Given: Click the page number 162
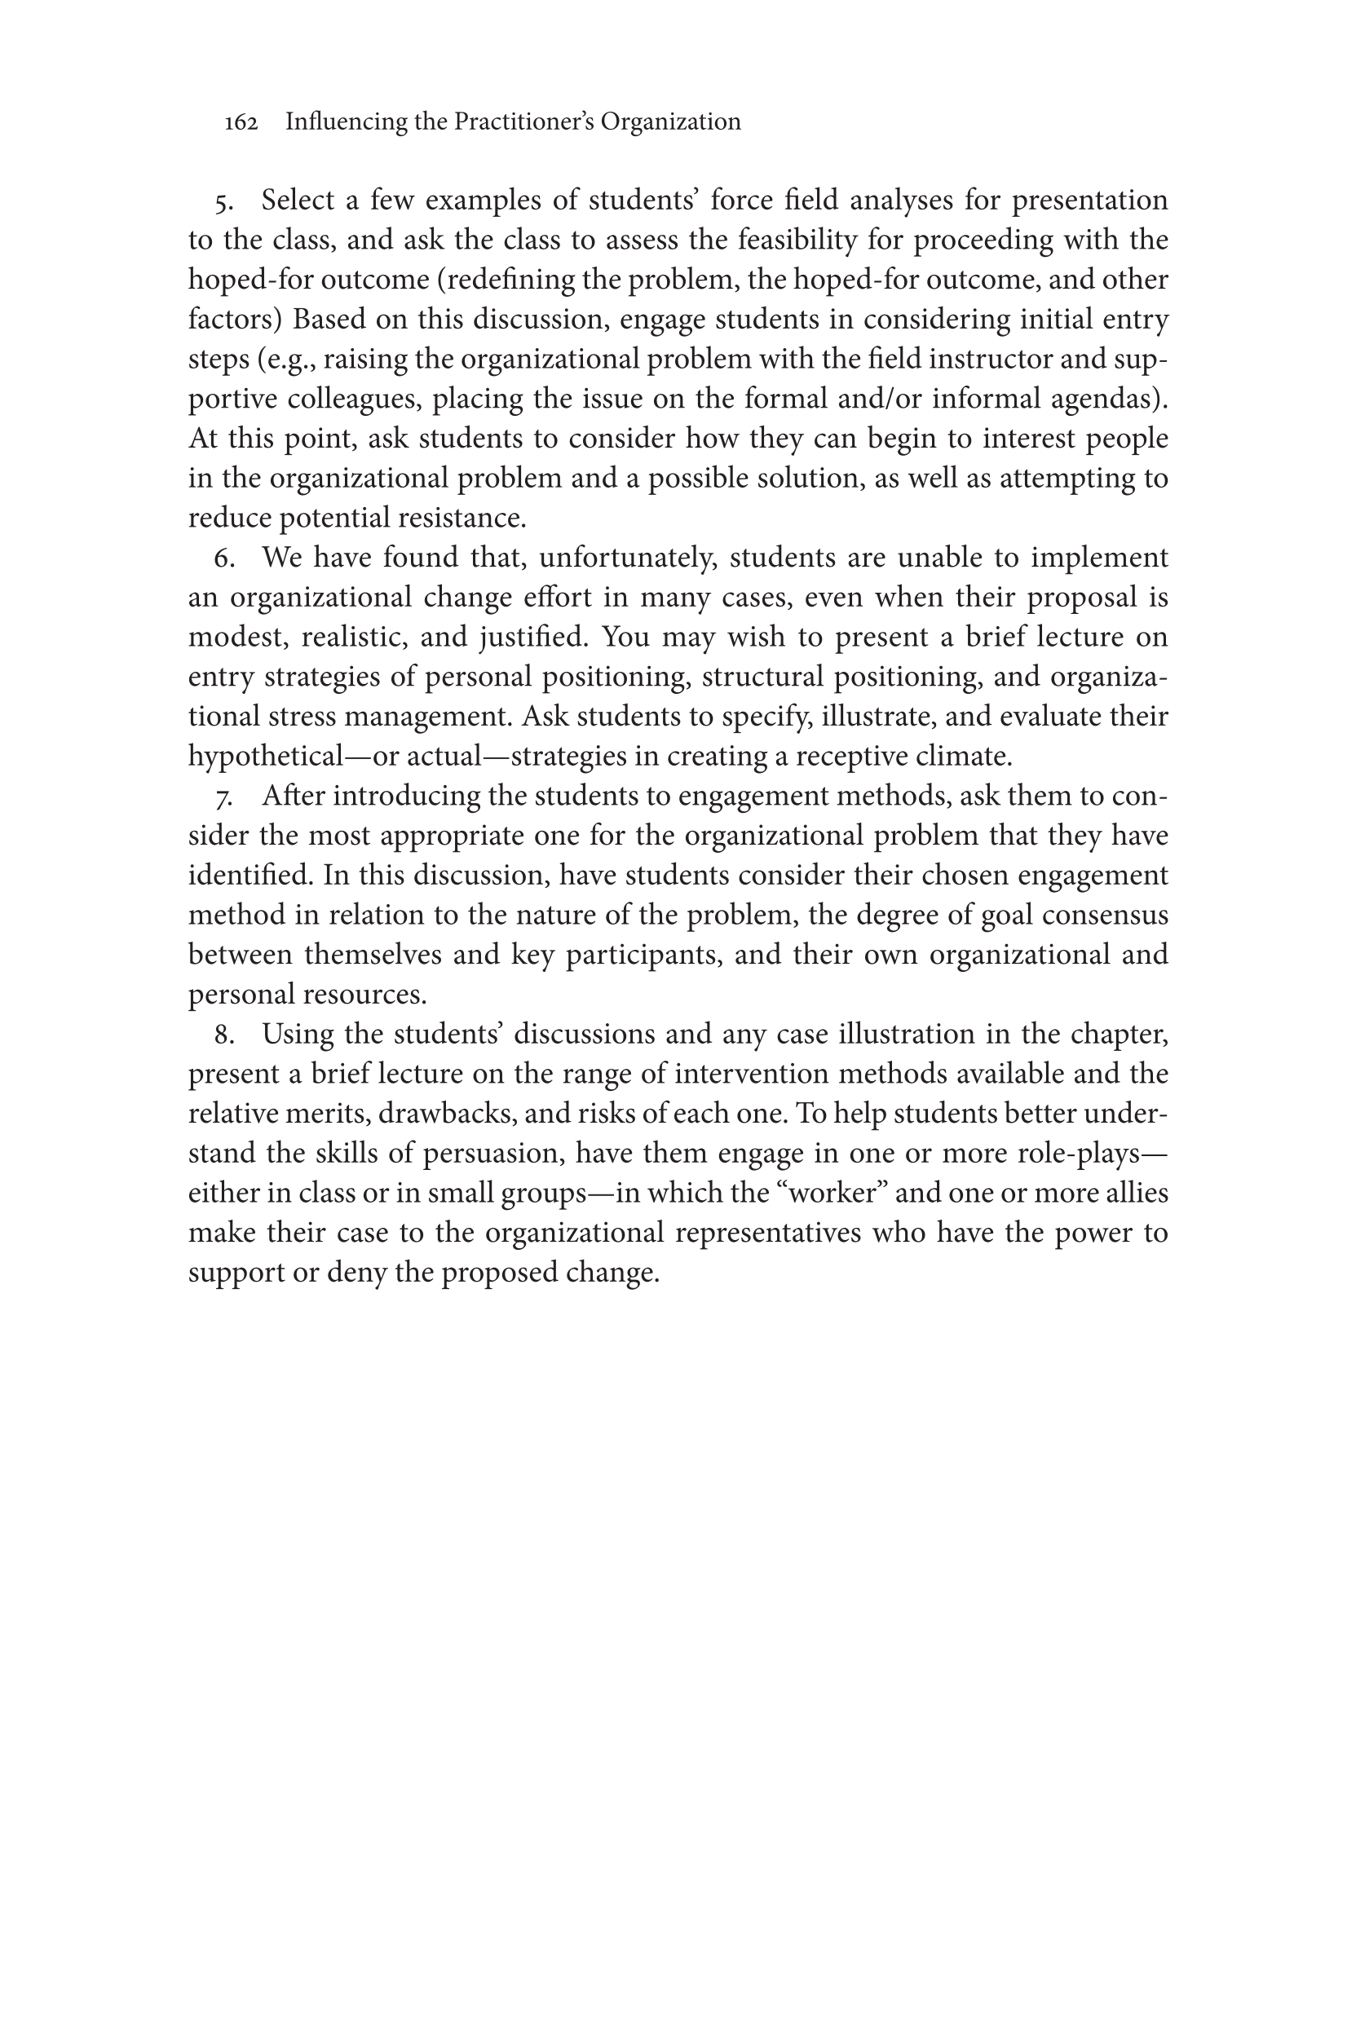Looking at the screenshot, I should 241,123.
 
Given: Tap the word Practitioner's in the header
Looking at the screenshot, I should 523,122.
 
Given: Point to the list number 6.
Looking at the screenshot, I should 224,559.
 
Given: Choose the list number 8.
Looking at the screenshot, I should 224,1035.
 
